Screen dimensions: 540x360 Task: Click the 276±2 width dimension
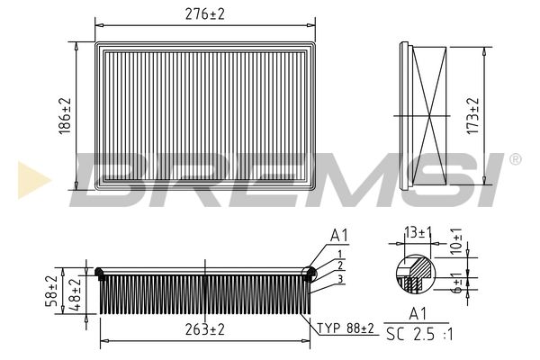pyautogui.click(x=205, y=14)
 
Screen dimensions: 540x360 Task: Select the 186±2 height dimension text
pyautogui.click(x=65, y=116)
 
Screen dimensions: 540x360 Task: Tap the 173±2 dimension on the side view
pyautogui.click(x=472, y=116)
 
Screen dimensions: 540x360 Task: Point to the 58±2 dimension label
pyautogui.click(x=51, y=291)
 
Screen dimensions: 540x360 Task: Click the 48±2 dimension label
pyautogui.click(x=75, y=294)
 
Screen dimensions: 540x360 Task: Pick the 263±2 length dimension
pyautogui.click(x=205, y=329)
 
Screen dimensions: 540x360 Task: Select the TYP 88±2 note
pyautogui.click(x=345, y=328)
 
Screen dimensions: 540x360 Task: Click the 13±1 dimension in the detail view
pyautogui.click(x=418, y=233)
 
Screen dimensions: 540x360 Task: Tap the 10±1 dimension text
pyautogui.click(x=456, y=241)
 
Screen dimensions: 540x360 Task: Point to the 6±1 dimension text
pyautogui.click(x=456, y=283)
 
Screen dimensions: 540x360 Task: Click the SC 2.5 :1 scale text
pyautogui.click(x=419, y=334)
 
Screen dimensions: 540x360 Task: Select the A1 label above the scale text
pyautogui.click(x=418, y=314)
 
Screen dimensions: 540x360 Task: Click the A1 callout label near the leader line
pyautogui.click(x=339, y=236)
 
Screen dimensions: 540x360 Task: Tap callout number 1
pyautogui.click(x=340, y=254)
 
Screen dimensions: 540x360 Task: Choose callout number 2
pyautogui.click(x=340, y=265)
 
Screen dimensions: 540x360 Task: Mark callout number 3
pyautogui.click(x=340, y=279)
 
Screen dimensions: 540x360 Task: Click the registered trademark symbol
pyautogui.click(x=515, y=159)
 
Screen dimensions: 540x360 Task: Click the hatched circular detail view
pyautogui.click(x=416, y=274)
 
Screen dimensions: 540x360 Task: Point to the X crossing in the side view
pyautogui.click(x=430, y=116)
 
